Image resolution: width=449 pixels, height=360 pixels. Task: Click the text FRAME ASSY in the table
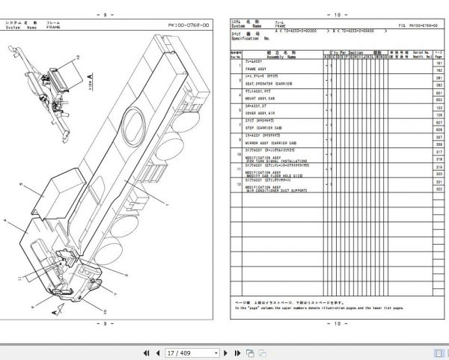[x=257, y=68]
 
